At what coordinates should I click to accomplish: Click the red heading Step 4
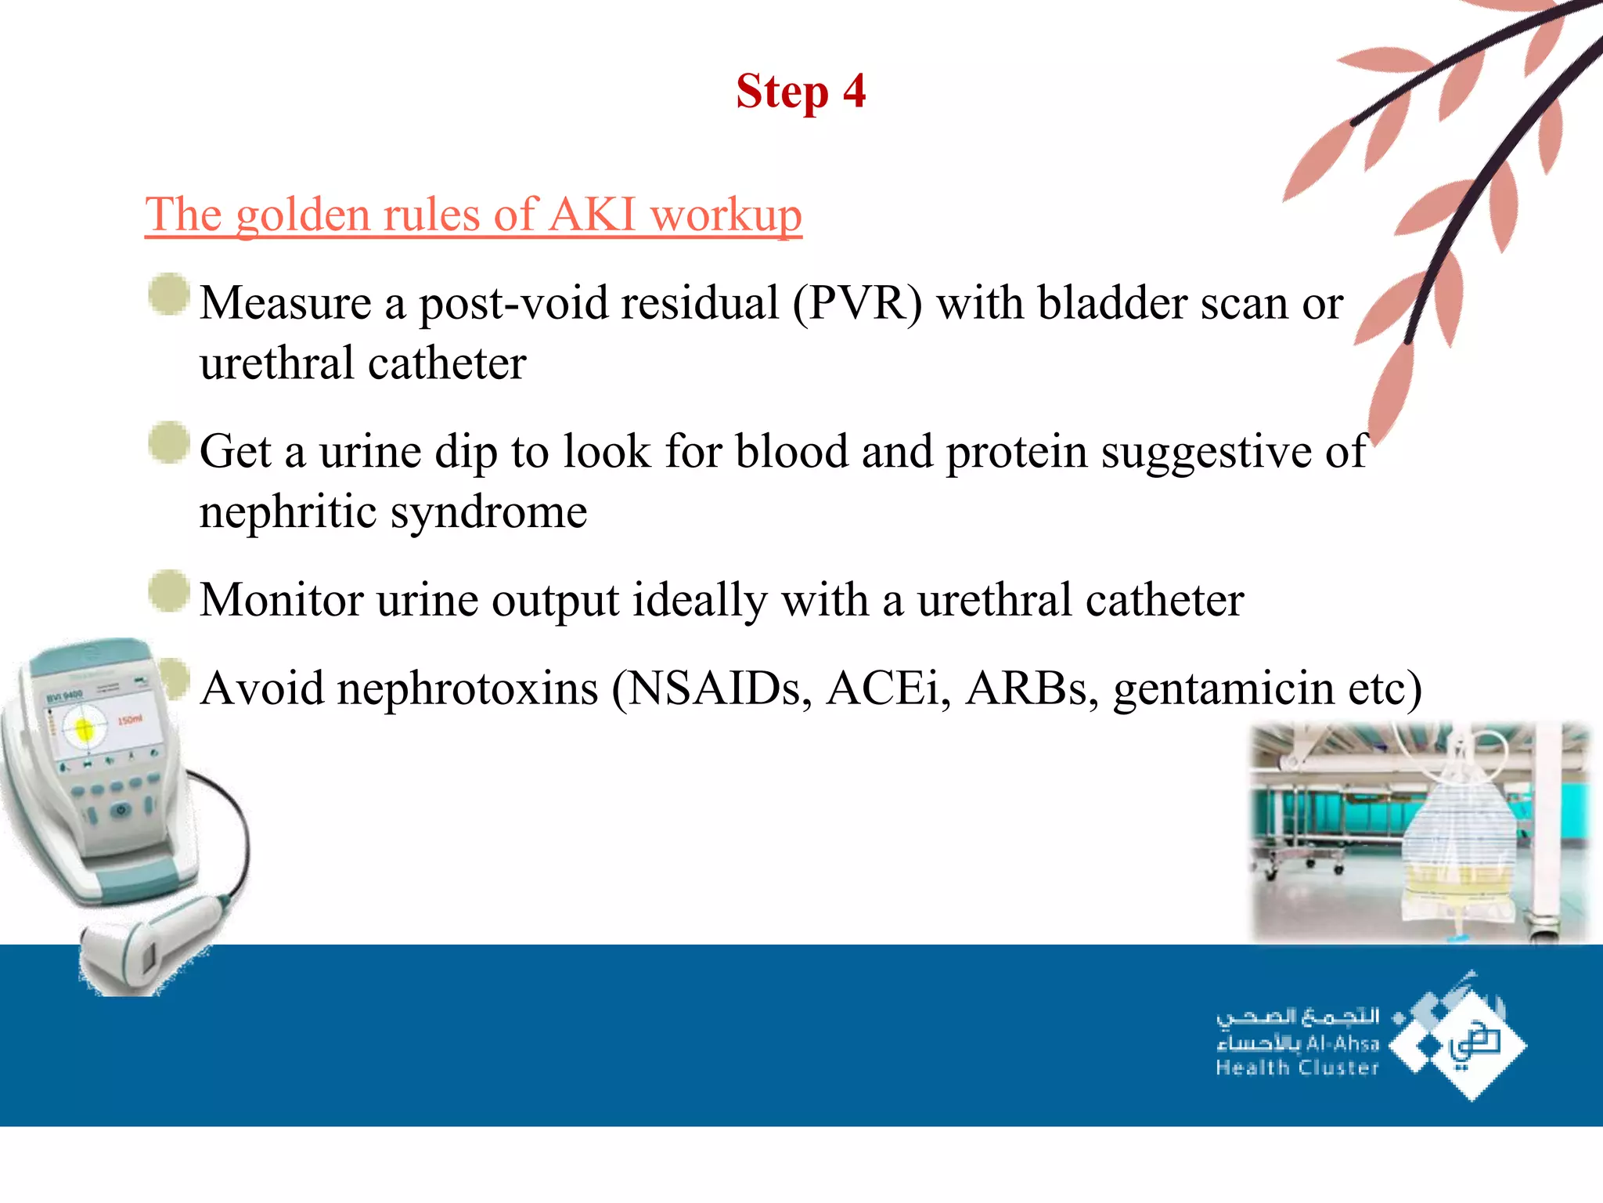[800, 92]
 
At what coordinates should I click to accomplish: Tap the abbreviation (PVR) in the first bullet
[857, 303]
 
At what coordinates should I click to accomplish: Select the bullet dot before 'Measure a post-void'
[168, 294]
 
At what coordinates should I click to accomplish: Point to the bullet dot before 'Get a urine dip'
[168, 443]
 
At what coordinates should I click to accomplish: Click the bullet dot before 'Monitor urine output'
[168, 591]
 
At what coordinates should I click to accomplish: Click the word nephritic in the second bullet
[287, 512]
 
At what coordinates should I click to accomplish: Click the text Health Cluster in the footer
[1296, 1068]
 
